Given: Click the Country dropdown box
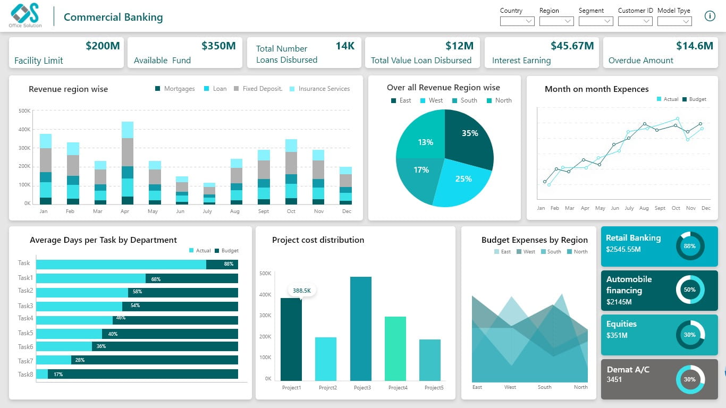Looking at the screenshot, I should click(x=517, y=21).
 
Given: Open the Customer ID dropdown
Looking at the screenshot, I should click(x=635, y=21).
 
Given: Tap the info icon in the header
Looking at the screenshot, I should click(x=710, y=16).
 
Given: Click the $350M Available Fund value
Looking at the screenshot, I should click(x=218, y=46).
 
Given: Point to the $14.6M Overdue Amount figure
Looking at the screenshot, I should click(x=694, y=46).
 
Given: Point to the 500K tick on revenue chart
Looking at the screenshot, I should click(x=24, y=110).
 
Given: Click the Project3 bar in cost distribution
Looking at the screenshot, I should click(x=361, y=328).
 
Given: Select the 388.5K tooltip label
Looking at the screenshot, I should click(x=302, y=291).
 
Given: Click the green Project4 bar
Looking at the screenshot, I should click(x=395, y=348).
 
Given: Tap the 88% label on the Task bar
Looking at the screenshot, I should click(x=229, y=264).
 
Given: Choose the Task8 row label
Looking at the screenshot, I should click(x=26, y=374).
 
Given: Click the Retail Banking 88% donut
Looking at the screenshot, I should click(x=690, y=246).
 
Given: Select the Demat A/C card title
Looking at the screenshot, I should click(x=628, y=369).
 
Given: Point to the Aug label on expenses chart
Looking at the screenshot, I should click(x=644, y=208).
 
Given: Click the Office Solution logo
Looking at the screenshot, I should click(x=26, y=15).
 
